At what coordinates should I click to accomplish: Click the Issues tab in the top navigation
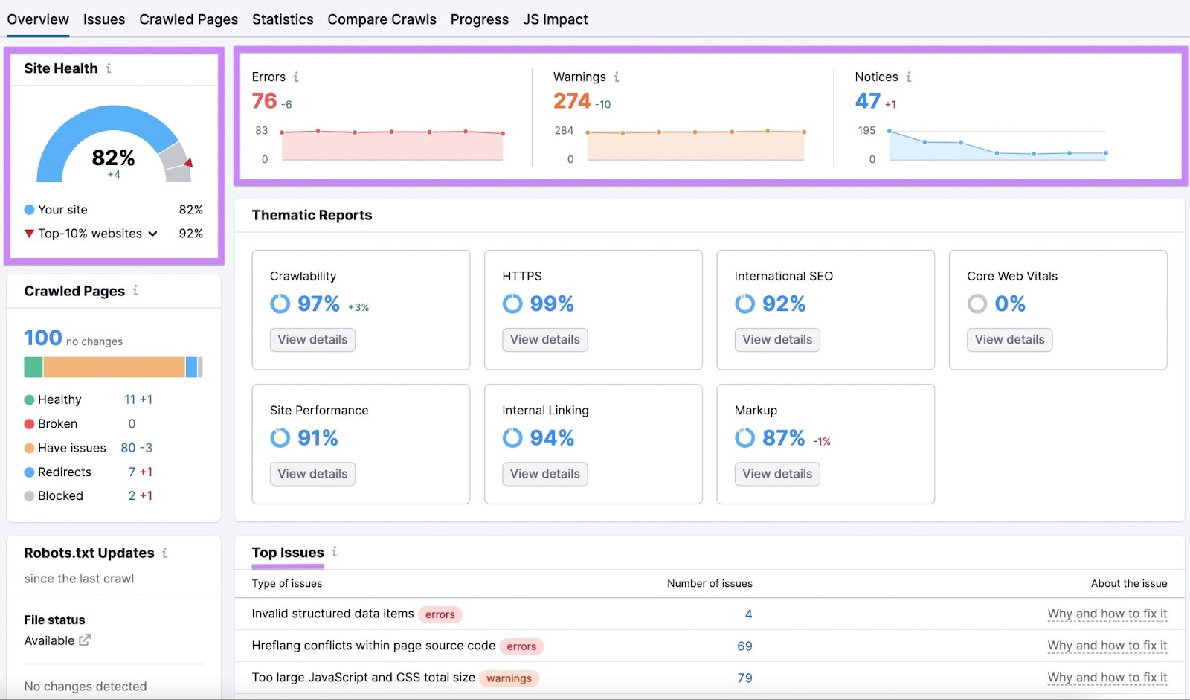pyautogui.click(x=103, y=19)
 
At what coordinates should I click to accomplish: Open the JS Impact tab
pyautogui.click(x=555, y=19)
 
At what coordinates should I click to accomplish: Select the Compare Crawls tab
pyautogui.click(x=382, y=19)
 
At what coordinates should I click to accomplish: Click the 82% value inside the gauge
pyautogui.click(x=113, y=158)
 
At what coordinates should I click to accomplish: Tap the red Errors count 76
pyautogui.click(x=264, y=101)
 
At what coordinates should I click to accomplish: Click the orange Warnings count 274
pyautogui.click(x=571, y=101)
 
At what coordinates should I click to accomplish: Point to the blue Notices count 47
pyautogui.click(x=867, y=101)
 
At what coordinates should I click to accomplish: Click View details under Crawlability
pyautogui.click(x=312, y=340)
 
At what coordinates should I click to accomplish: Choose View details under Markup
pyautogui.click(x=777, y=474)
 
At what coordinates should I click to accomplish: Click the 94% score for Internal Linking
pyautogui.click(x=551, y=438)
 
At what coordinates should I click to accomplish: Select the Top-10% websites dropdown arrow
pyautogui.click(x=152, y=234)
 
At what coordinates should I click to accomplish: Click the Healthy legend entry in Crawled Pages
pyautogui.click(x=59, y=399)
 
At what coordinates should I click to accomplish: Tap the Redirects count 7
pyautogui.click(x=132, y=472)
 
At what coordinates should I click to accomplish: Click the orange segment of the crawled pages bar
pyautogui.click(x=113, y=367)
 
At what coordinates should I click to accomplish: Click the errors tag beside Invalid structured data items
pyautogui.click(x=440, y=614)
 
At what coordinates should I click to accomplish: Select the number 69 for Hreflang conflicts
pyautogui.click(x=744, y=646)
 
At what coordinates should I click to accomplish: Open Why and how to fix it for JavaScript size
pyautogui.click(x=1107, y=678)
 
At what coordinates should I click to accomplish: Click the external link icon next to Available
pyautogui.click(x=85, y=640)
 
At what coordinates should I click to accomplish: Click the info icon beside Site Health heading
pyautogui.click(x=109, y=68)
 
